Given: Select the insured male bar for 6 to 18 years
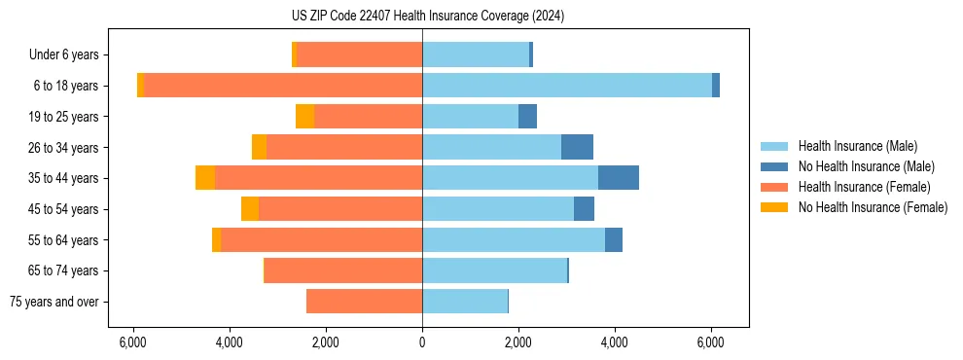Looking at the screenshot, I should [566, 86].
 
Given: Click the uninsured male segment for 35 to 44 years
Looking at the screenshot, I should [618, 178].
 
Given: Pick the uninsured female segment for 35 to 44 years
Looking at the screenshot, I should [205, 178].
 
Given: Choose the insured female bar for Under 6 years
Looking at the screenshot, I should [360, 54].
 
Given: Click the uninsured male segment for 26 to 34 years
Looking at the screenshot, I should [577, 147].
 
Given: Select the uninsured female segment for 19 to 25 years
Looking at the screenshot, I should [305, 117].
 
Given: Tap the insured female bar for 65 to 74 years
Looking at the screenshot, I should [343, 270].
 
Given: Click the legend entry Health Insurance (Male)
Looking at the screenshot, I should [857, 146].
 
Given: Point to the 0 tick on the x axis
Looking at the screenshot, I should [422, 342].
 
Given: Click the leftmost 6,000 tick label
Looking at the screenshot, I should [132, 342].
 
